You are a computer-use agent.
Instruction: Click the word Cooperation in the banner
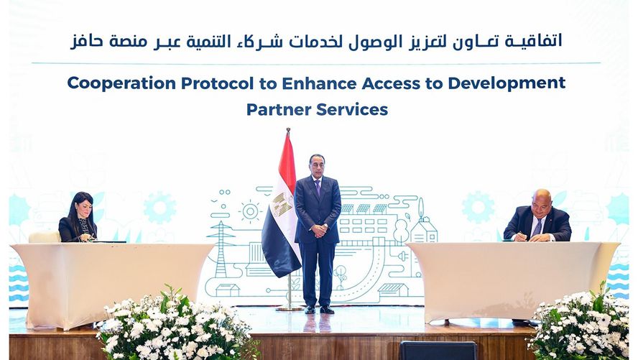121,83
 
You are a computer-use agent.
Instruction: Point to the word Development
507,83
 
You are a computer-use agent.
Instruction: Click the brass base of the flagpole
290,307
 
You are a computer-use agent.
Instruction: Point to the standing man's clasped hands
320,231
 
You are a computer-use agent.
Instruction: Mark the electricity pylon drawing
221,249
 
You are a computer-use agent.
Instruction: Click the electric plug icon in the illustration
402,257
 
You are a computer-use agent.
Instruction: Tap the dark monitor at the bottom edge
438,351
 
